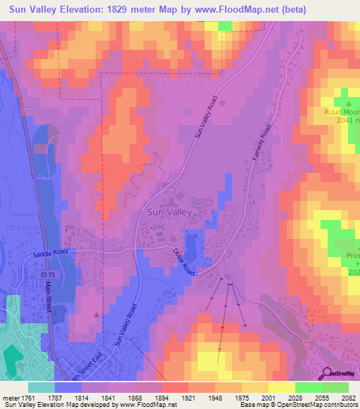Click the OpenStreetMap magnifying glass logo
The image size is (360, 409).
[328, 374]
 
